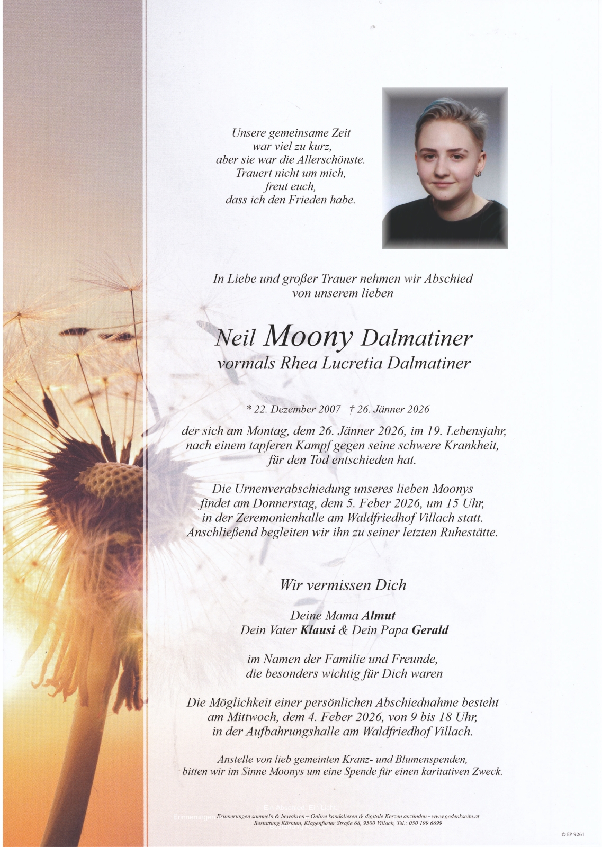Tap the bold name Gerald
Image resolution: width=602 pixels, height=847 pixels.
click(x=430, y=630)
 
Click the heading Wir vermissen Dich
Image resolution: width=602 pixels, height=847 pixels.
click(x=343, y=585)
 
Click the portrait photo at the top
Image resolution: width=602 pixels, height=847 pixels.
click(x=445, y=168)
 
